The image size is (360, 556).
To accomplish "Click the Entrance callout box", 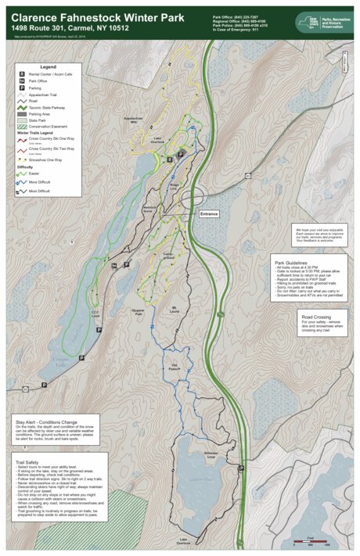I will [210, 213].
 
